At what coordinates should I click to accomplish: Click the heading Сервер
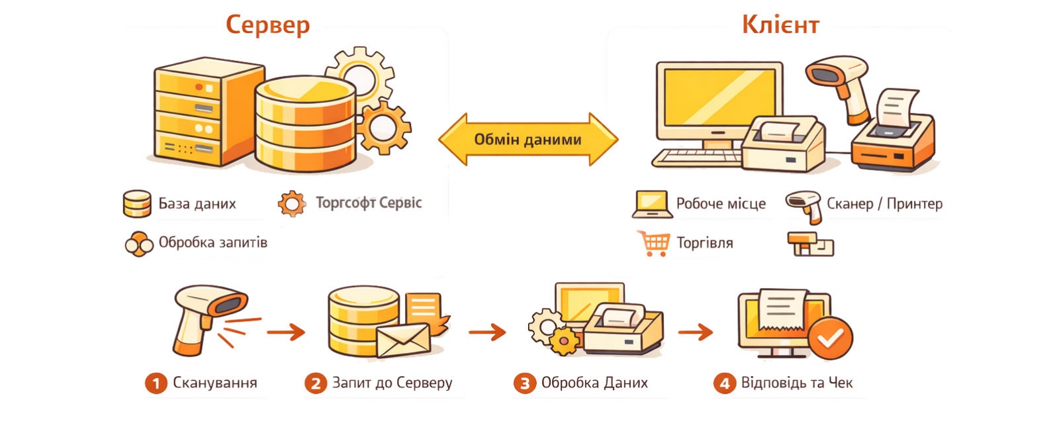(267, 25)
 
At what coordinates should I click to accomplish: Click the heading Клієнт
(780, 25)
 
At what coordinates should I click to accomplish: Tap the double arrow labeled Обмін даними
(528, 139)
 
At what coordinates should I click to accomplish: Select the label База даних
(197, 203)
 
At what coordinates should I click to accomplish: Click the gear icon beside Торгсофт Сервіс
(291, 204)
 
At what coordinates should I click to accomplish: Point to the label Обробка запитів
(212, 242)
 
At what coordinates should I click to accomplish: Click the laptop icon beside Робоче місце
(651, 204)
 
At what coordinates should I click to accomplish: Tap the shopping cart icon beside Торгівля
(653, 243)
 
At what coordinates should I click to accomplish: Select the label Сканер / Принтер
(884, 203)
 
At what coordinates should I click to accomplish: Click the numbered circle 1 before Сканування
(156, 383)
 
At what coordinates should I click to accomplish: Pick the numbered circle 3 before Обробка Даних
(524, 383)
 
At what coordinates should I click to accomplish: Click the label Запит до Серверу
(392, 383)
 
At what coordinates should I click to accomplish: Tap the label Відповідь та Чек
(796, 383)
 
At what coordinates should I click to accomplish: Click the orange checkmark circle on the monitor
(831, 338)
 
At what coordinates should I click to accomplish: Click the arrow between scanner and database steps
(286, 332)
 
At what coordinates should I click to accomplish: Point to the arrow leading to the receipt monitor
(695, 332)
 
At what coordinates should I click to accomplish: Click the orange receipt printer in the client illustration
(894, 142)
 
